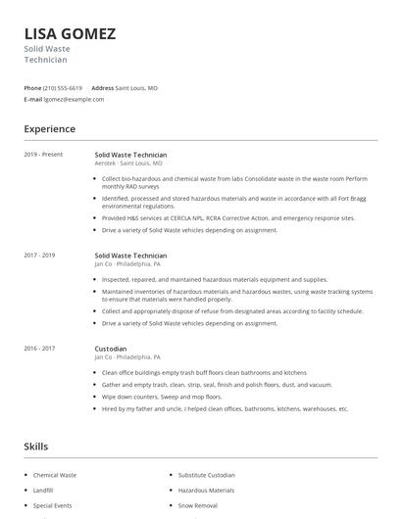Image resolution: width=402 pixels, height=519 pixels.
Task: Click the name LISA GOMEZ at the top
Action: click(70, 33)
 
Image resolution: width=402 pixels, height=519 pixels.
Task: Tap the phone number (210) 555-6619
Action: click(63, 87)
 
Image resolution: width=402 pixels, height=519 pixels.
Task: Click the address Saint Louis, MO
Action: click(136, 87)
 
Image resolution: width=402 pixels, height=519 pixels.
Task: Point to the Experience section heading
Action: click(49, 128)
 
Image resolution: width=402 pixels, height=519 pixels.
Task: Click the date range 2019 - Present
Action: click(43, 154)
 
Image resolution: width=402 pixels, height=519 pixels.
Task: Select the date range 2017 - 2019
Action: click(39, 255)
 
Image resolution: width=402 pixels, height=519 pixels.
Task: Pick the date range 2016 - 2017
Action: click(39, 348)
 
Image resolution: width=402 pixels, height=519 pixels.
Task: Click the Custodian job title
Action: click(110, 348)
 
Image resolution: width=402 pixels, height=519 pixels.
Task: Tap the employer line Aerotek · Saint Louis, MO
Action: click(128, 163)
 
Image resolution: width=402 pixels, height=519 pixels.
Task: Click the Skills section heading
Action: click(35, 446)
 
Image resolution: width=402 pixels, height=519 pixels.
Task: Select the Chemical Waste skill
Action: click(55, 475)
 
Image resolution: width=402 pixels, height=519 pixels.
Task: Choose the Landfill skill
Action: click(44, 490)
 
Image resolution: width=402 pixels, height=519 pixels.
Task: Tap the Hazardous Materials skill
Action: click(206, 490)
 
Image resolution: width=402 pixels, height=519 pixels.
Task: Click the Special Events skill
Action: click(52, 505)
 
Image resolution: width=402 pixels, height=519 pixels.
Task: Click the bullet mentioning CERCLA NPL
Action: click(227, 217)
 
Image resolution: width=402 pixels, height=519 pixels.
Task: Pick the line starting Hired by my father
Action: click(225, 408)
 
